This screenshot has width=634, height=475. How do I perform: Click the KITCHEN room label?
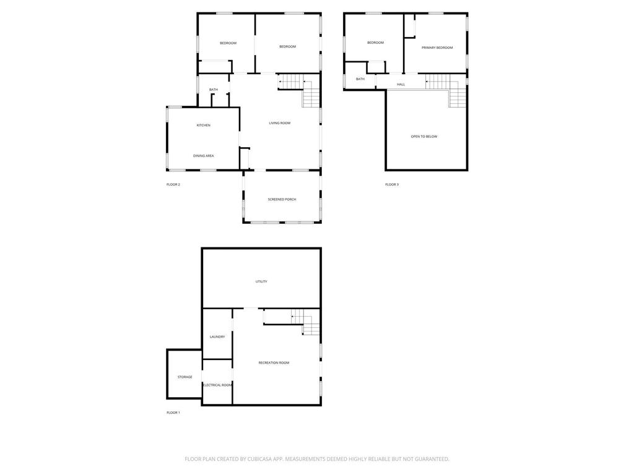(x=204, y=126)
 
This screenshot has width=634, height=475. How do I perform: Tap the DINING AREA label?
(x=204, y=156)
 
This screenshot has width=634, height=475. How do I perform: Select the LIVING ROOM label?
(x=280, y=123)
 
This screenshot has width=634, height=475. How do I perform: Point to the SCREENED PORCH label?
(x=282, y=199)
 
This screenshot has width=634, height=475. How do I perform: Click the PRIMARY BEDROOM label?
(x=437, y=48)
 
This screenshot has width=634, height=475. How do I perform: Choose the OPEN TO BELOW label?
(x=424, y=136)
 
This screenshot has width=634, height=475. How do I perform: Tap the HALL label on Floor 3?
(x=401, y=84)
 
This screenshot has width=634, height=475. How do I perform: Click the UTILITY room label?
(x=261, y=281)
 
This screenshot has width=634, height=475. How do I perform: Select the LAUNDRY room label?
(x=217, y=336)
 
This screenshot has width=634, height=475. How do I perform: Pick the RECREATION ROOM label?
(x=274, y=362)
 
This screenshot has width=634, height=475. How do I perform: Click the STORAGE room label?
(x=185, y=377)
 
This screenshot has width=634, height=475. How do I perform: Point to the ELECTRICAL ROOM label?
(x=217, y=385)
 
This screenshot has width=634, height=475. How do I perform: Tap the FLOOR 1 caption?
(x=173, y=413)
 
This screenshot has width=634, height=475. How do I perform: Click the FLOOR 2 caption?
(x=173, y=184)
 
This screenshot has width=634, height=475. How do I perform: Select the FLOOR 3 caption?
(x=392, y=184)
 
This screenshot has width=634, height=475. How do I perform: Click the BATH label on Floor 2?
(x=214, y=90)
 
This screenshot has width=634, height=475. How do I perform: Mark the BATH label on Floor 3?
(x=360, y=79)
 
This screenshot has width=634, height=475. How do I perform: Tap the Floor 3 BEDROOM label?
(x=376, y=43)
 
